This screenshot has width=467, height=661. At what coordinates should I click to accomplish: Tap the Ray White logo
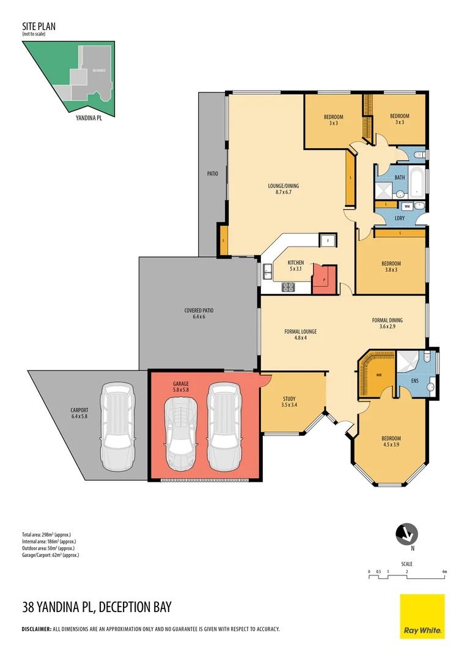click(422, 616)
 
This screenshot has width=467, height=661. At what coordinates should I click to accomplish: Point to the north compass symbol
click(405, 534)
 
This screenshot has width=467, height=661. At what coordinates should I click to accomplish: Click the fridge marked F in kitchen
click(328, 241)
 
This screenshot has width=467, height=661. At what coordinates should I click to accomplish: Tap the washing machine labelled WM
click(407, 207)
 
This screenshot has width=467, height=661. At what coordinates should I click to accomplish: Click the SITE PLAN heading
click(39, 27)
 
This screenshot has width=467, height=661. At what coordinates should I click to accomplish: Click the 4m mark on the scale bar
click(444, 572)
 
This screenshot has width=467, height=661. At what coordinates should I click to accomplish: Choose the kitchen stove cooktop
click(289, 286)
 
